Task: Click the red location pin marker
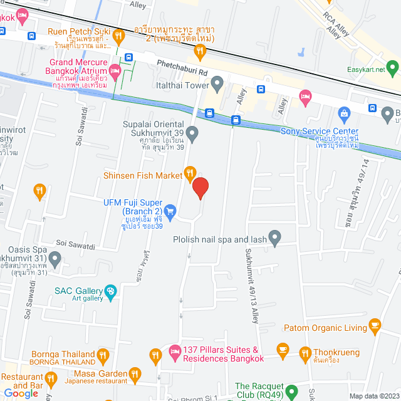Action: [x=200, y=187]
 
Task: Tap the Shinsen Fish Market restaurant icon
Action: [x=190, y=172]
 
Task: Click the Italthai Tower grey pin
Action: [x=217, y=83]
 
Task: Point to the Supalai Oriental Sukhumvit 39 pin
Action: [x=192, y=133]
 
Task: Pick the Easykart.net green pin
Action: [x=392, y=65]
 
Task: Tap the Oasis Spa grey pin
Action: [x=55, y=258]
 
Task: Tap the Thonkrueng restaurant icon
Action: [x=305, y=353]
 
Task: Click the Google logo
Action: [x=21, y=393]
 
